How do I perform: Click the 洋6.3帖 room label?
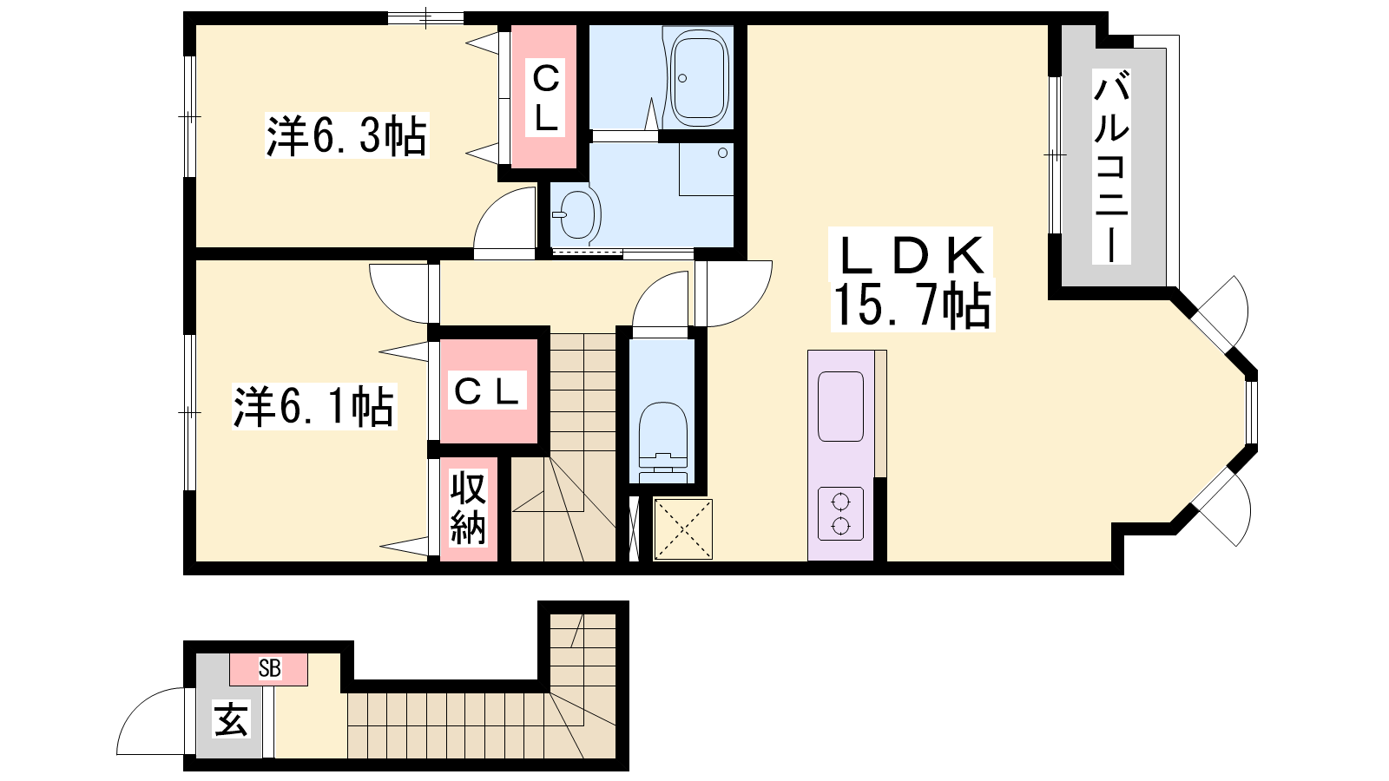tap(346, 135)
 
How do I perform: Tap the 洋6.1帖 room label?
tap(313, 407)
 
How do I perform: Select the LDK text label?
tap(911, 255)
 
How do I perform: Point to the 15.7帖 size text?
tap(912, 304)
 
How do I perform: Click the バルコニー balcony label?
tap(1111, 167)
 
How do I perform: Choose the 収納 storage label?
tap(468, 508)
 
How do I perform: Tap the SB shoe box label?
tap(270, 668)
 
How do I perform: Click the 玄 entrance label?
tap(231, 719)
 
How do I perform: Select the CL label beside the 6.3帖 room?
tap(546, 96)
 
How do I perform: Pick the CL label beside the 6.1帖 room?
tap(487, 390)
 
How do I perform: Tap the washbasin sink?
tap(577, 214)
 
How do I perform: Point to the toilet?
tap(662, 442)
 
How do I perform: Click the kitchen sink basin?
tap(840, 407)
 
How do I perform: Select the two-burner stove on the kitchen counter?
tap(840, 514)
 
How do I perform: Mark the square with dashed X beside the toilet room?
tap(682, 528)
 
